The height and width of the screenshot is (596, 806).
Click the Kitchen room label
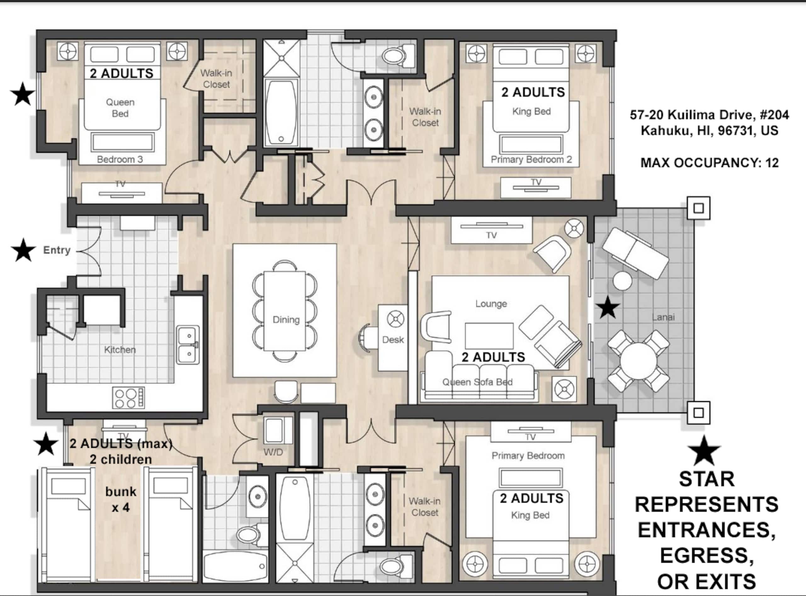coord(120,350)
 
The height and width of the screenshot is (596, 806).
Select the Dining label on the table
coord(286,320)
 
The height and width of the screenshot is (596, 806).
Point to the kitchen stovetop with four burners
coord(128,397)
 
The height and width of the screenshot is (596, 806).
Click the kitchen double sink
coord(188,345)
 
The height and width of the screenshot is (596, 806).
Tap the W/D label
coord(273,452)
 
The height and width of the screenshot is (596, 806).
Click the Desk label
coord(393,340)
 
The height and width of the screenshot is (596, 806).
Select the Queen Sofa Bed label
coord(478,382)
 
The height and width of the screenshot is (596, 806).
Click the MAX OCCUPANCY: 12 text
coord(709,163)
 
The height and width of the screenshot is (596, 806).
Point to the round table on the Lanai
coord(638,361)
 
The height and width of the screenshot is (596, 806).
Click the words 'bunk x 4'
coord(121,499)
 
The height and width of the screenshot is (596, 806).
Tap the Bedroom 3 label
coord(120,159)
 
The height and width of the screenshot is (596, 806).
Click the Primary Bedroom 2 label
coord(531,160)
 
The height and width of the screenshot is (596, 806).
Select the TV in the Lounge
coord(491,230)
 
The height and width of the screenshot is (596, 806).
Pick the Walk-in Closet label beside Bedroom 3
coord(216,79)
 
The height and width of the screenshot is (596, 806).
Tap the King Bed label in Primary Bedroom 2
coord(531,111)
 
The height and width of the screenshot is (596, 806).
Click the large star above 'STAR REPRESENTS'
coord(704,451)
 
